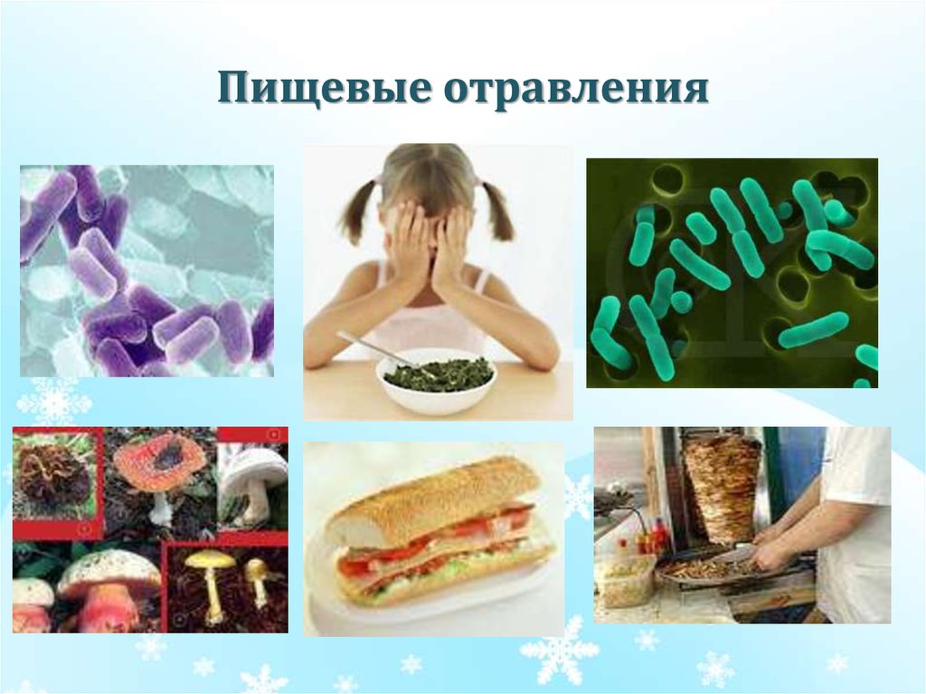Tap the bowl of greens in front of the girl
click(x=436, y=379)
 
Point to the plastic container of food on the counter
click(x=624, y=580)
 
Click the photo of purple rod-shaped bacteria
click(x=146, y=270)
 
